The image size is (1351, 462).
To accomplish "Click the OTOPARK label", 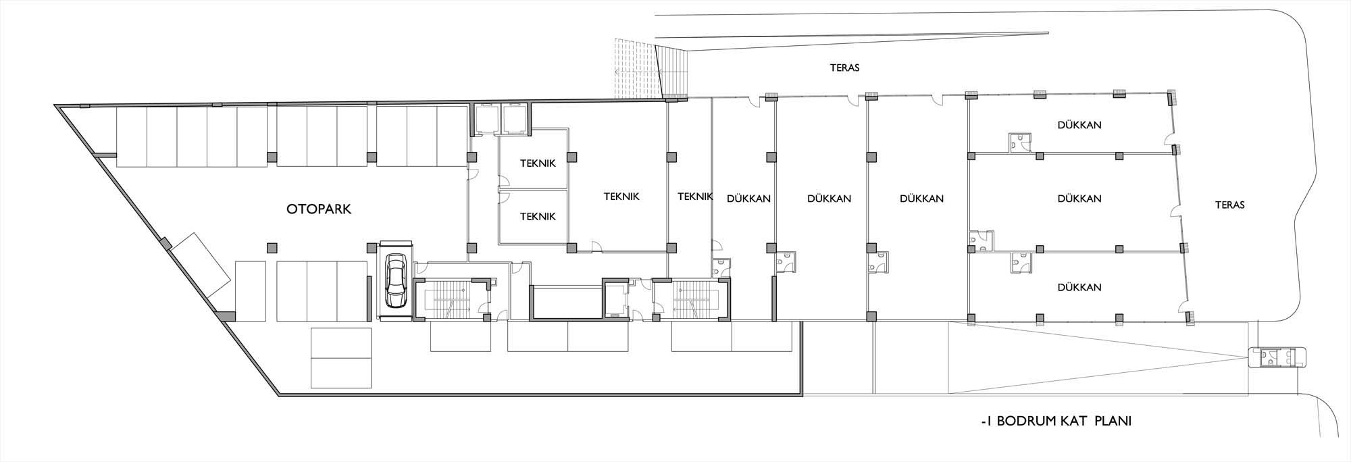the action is (319, 209).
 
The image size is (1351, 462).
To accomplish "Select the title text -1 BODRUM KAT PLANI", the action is (1056, 421).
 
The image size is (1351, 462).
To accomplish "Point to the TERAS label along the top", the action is (844, 68).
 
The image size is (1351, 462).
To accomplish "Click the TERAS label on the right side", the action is (1229, 205).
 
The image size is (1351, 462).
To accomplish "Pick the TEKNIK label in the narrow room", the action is (695, 197).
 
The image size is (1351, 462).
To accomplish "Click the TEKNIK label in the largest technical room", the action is (621, 197).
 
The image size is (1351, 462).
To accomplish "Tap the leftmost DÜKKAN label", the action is (749, 199).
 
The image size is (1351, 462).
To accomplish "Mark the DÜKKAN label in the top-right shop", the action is (1079, 125).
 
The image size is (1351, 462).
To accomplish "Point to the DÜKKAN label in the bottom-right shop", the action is (1079, 287).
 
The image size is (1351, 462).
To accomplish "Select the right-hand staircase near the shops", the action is (690, 299).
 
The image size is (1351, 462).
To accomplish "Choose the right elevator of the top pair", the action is (514, 119).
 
